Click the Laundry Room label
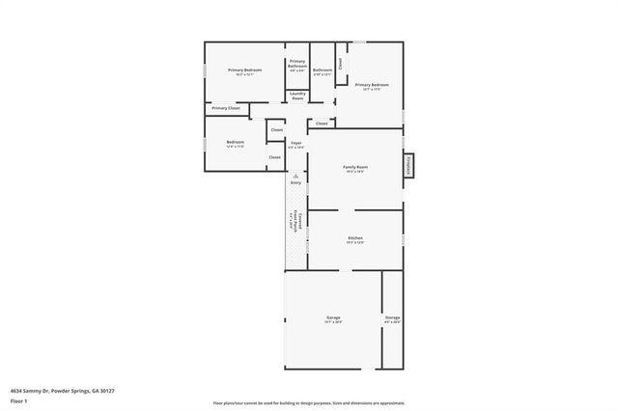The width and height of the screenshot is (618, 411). (297, 97)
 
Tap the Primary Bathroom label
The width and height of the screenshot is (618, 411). (297, 65)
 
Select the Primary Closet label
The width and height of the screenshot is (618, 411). (226, 108)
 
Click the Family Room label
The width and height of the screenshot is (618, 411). (355, 169)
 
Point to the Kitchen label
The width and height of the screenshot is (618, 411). (355, 238)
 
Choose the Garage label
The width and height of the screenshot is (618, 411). (332, 318)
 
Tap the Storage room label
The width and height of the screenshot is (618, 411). (392, 318)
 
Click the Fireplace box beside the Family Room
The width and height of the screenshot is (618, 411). (409, 165)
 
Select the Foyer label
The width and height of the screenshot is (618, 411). (295, 145)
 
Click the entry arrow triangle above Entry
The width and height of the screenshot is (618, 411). (295, 175)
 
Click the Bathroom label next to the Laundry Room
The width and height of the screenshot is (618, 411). (323, 71)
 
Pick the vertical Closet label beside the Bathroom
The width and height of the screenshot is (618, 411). (340, 62)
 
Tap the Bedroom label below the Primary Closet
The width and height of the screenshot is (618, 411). (235, 144)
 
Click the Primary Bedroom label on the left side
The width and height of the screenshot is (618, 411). (244, 71)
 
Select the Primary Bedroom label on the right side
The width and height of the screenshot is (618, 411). (372, 87)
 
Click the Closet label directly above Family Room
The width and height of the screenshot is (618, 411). (323, 123)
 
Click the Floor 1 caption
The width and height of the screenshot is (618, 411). (18, 399)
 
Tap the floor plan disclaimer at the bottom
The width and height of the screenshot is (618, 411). (308, 402)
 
